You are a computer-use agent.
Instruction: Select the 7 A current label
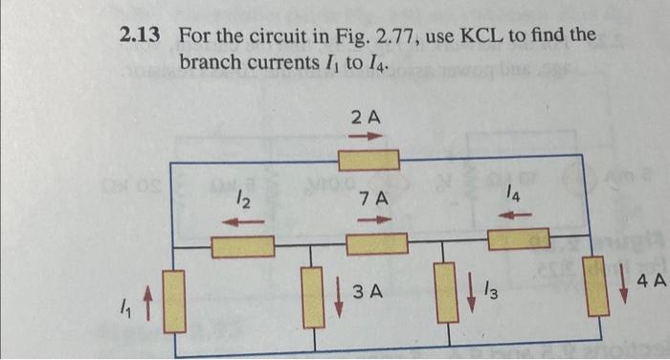tap(371, 200)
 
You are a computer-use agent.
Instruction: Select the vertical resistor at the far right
tap(595, 285)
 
